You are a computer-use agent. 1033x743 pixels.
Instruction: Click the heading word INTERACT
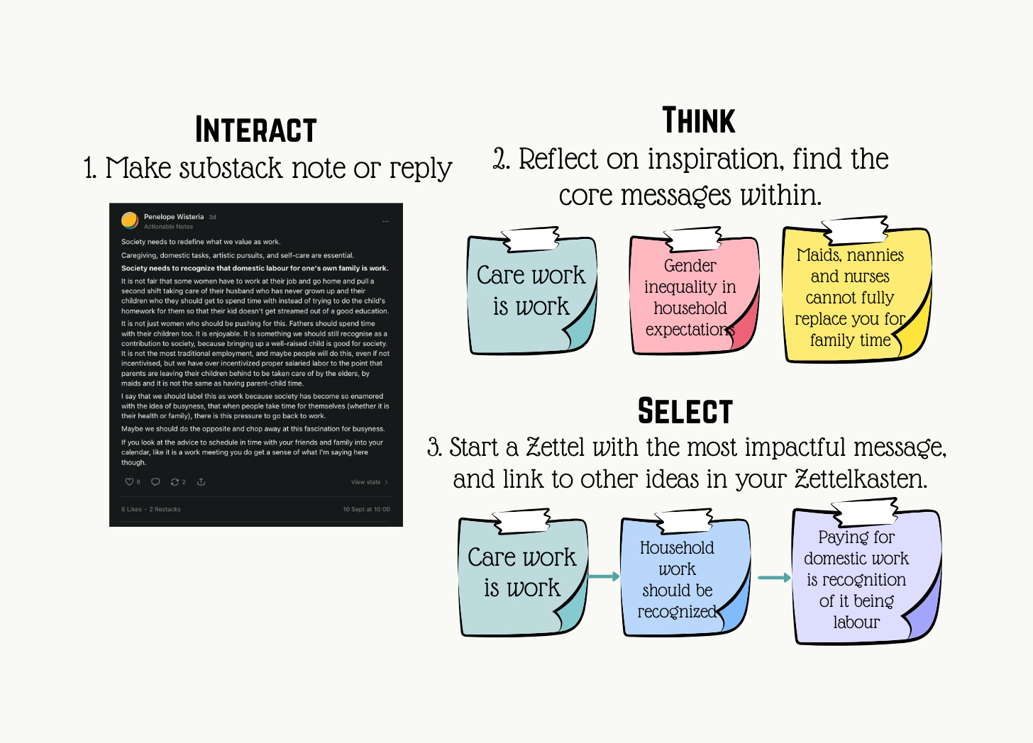pos(255,130)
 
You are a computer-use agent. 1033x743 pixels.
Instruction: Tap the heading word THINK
pos(699,121)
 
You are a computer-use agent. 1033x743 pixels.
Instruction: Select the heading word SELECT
pos(685,411)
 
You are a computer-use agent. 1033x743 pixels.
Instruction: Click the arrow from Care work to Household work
pos(604,576)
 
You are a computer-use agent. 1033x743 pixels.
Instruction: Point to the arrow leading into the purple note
pos(774,578)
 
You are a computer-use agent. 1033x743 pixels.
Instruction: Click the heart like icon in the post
pos(129,482)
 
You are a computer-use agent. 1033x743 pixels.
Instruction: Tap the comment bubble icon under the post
pos(155,482)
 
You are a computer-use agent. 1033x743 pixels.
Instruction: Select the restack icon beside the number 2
pos(175,482)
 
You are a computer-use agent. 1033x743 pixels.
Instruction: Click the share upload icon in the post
pos(201,482)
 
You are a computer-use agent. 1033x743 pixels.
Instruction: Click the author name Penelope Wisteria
pos(174,217)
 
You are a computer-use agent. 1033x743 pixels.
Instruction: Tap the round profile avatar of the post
pos(130,220)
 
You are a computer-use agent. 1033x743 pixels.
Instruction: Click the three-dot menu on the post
pos(386,221)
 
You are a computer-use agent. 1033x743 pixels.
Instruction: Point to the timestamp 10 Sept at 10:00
pos(366,509)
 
